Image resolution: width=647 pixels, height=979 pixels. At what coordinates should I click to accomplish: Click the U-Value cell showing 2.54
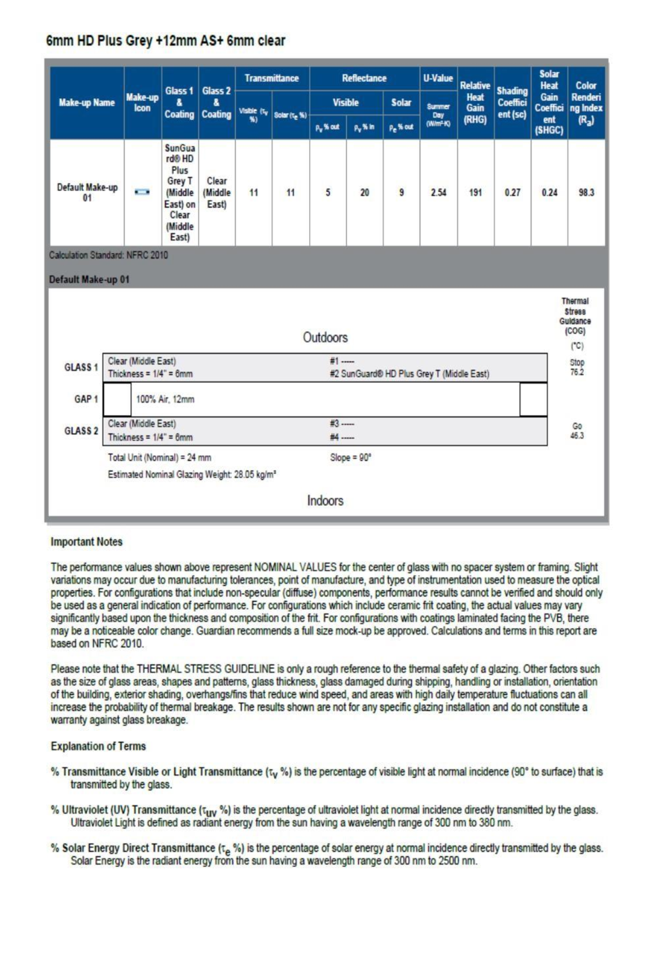tap(438, 193)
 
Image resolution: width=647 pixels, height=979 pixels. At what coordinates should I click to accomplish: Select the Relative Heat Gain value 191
tap(476, 193)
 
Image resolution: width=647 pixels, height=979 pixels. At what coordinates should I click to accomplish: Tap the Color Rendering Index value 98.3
tap(586, 193)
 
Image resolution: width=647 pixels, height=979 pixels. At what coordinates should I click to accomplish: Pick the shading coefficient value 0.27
tap(512, 193)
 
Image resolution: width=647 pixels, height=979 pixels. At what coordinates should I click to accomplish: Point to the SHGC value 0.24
tap(549, 193)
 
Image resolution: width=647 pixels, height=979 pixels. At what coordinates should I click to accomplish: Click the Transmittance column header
tap(272, 78)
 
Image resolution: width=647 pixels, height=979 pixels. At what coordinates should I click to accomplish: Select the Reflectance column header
tap(364, 78)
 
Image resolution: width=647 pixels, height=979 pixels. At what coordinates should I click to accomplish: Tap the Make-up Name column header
tap(87, 103)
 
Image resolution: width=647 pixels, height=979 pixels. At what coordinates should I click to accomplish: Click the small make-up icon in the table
tap(142, 193)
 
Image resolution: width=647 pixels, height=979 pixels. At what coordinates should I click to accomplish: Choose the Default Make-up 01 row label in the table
tap(87, 192)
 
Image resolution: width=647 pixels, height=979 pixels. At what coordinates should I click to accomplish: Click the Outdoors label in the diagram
tap(325, 338)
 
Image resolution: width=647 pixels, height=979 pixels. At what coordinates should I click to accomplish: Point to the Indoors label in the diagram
tap(325, 501)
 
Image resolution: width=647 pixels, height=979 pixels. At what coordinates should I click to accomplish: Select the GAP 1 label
tap(86, 399)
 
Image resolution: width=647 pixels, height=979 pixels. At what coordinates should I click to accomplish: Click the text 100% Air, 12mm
tap(165, 399)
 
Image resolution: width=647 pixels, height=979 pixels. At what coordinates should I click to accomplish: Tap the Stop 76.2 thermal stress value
tap(576, 368)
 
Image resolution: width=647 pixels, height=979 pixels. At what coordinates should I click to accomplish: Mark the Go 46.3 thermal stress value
tap(576, 431)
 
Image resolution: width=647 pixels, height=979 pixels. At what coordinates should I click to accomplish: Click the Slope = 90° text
tap(350, 458)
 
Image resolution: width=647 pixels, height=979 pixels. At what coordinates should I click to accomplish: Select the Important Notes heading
tap(86, 542)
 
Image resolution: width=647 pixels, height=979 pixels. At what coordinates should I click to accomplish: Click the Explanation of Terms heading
tap(98, 747)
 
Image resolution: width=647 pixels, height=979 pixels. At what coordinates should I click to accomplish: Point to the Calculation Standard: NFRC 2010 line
tap(108, 255)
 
